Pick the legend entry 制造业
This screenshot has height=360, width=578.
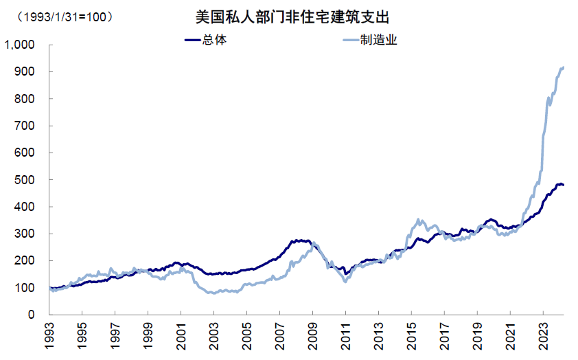379,40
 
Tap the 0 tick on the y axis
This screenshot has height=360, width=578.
31,315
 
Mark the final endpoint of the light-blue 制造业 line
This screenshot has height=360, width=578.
564,67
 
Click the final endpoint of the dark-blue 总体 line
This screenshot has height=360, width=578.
564,185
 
